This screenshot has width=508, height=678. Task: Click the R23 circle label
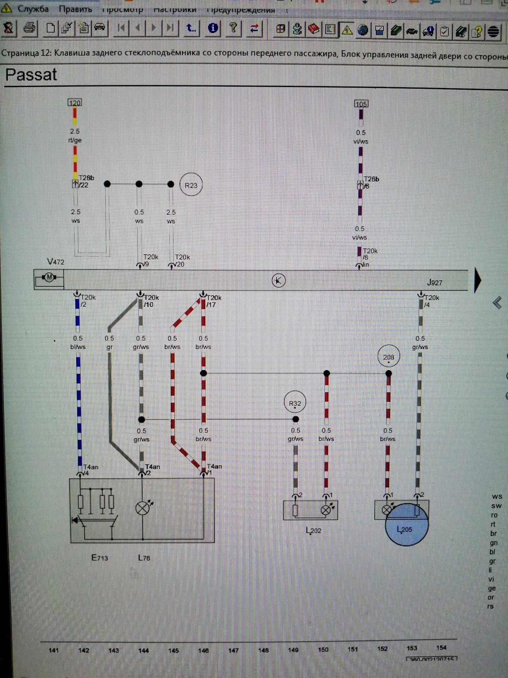click(191, 185)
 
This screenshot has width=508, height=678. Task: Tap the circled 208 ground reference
click(388, 357)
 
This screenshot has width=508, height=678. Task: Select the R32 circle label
click(295, 403)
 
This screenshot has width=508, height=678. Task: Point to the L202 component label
click(314, 530)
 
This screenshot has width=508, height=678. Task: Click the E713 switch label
click(99, 558)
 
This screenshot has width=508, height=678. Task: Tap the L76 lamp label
click(144, 558)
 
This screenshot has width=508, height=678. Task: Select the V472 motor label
click(56, 262)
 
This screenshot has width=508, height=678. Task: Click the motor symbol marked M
click(49, 278)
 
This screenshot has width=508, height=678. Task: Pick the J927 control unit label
click(434, 282)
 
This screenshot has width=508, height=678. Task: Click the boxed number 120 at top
click(74, 102)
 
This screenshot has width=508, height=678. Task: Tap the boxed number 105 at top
click(361, 104)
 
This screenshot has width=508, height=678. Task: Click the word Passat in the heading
click(31, 75)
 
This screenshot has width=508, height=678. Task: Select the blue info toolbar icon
click(213, 28)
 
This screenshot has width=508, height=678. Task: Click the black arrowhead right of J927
click(477, 280)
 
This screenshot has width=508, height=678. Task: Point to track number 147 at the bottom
click(233, 650)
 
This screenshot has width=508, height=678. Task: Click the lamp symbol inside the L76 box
click(143, 508)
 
